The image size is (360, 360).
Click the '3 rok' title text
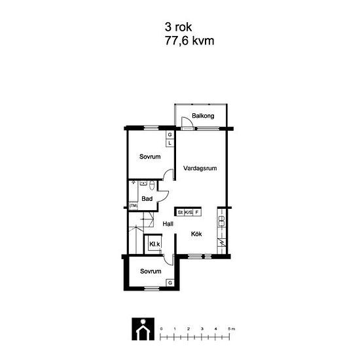(x=178, y=27)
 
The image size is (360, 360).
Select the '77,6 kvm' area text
(x=189, y=41)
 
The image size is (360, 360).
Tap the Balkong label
(x=203, y=116)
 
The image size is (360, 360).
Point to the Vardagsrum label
(x=200, y=168)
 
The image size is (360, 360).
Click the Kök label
(x=196, y=234)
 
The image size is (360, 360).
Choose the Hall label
(x=168, y=224)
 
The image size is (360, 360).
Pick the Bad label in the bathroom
(x=147, y=198)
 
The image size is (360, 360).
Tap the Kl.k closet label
(x=154, y=244)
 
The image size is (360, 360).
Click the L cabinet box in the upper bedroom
(x=170, y=143)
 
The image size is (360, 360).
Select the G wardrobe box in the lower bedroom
(x=170, y=283)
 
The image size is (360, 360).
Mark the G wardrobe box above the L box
(x=170, y=135)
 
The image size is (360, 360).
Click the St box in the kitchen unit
(x=180, y=212)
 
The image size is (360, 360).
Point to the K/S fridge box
(x=189, y=212)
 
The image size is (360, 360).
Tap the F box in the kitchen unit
(x=197, y=212)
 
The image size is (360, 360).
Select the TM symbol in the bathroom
(x=134, y=206)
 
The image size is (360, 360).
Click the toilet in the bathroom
(x=152, y=185)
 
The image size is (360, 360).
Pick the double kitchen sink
(x=221, y=221)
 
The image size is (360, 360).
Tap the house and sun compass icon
(x=143, y=329)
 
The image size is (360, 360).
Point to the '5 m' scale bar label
(x=232, y=329)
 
